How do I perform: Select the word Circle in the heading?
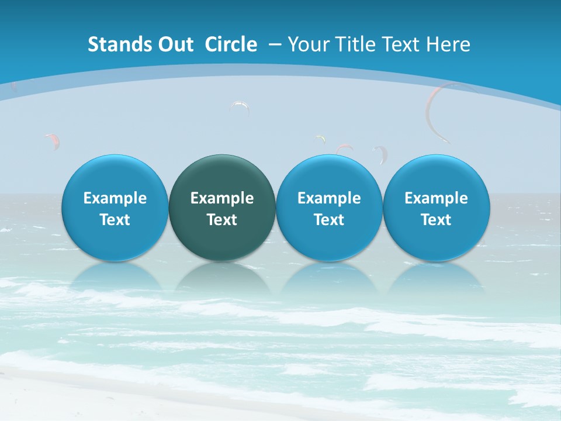click(231, 44)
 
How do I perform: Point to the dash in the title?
click(275, 44)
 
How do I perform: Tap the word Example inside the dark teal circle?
click(222, 198)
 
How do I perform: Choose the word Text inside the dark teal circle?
click(222, 220)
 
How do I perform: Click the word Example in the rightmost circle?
click(436, 198)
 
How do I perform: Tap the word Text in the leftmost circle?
click(115, 220)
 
